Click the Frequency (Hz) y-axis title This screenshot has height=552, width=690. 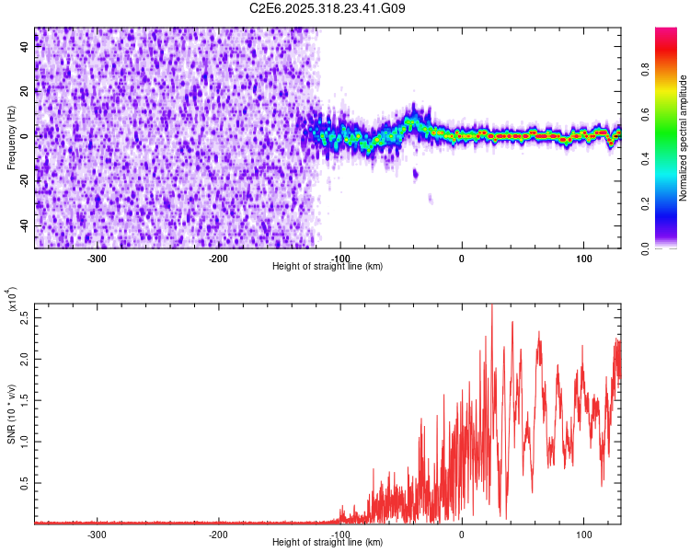click(11, 138)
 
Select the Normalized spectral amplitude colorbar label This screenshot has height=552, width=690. click(684, 138)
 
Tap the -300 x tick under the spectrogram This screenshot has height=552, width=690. click(98, 259)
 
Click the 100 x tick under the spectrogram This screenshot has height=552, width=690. click(583, 259)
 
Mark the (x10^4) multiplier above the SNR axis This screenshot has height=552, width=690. click(12, 300)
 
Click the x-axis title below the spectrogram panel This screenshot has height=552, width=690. click(328, 267)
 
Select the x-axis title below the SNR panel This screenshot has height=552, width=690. click(328, 543)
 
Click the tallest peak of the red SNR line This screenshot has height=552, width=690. click(491, 306)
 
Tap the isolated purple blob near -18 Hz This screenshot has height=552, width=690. click(415, 173)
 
